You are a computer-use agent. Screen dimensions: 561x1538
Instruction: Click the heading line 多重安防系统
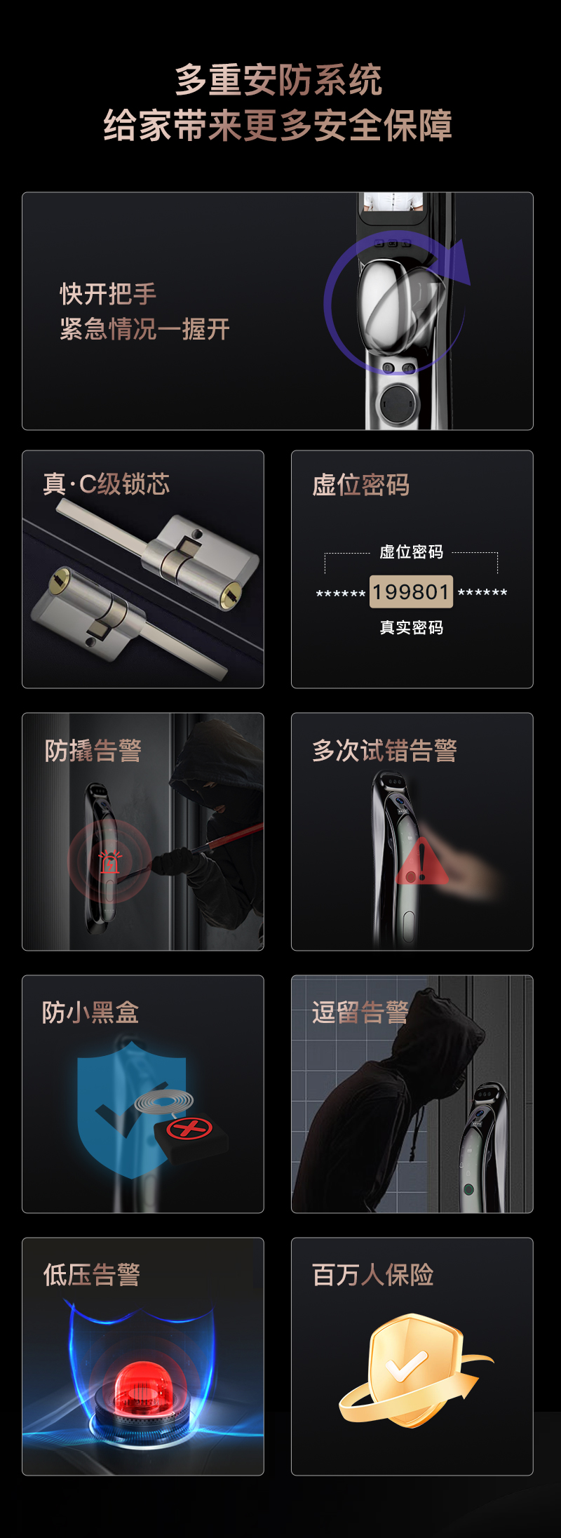(278, 79)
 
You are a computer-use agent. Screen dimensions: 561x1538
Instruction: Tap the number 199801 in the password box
(411, 592)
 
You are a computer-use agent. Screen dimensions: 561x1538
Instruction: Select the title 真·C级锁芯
(107, 484)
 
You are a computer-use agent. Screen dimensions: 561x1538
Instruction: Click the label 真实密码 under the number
(412, 627)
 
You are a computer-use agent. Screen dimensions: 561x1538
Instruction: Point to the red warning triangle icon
(421, 862)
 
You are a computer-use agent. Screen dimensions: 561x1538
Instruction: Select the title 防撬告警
(93, 750)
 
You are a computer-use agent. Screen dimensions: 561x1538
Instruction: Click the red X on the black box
(189, 1128)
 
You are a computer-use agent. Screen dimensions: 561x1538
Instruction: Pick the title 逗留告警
(360, 1012)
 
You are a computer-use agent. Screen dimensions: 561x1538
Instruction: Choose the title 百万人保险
(373, 1275)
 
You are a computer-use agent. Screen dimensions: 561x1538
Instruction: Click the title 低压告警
(92, 1275)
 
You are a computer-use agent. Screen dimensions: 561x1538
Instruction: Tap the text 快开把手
(108, 294)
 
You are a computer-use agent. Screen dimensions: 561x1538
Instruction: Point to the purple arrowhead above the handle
(459, 261)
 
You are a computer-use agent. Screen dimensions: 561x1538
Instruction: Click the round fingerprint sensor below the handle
(396, 403)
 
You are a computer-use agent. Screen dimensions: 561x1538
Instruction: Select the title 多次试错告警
(385, 750)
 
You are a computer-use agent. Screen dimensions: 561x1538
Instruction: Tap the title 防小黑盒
(90, 1012)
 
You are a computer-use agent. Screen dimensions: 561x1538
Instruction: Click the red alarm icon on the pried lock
(109, 862)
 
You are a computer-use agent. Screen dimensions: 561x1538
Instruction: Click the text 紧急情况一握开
(144, 329)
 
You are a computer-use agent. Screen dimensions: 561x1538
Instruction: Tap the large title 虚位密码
(361, 485)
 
